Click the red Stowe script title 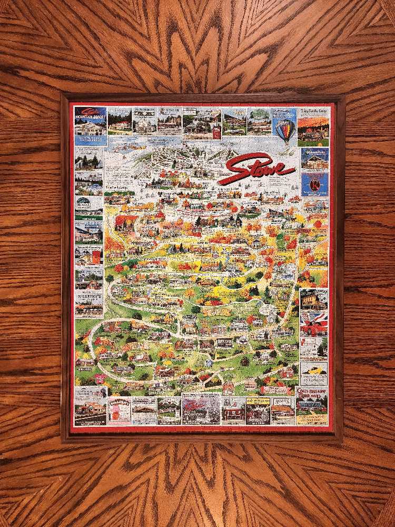257,168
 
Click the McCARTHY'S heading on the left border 89,297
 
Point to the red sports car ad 313,321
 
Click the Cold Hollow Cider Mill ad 312,405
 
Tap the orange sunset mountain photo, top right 313,129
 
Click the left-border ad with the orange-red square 88,256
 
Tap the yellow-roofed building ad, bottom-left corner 90,406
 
